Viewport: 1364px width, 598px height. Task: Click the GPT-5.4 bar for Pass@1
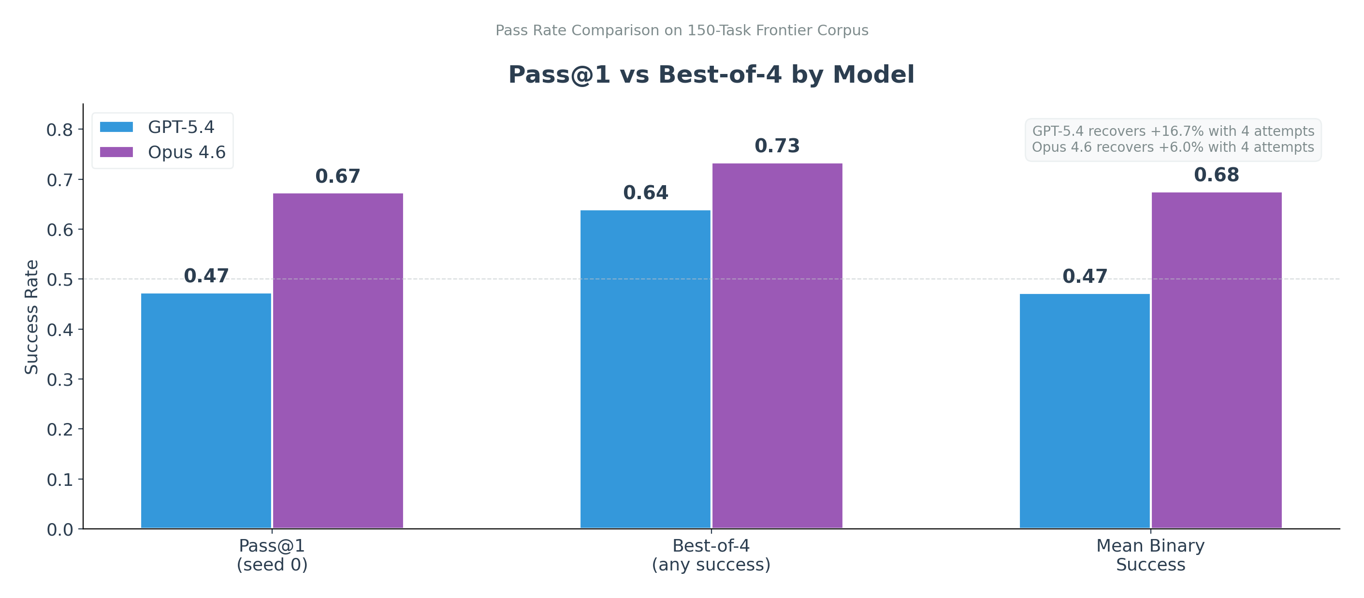click(x=206, y=410)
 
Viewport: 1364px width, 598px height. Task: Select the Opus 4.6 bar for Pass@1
click(x=338, y=361)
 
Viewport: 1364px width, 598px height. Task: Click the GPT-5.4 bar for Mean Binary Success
click(x=1085, y=411)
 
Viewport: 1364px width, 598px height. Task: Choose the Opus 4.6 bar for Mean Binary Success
click(x=1216, y=360)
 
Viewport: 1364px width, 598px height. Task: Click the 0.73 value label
click(x=777, y=146)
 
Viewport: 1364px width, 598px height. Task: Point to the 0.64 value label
click(x=645, y=193)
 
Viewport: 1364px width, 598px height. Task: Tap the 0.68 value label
click(x=1216, y=175)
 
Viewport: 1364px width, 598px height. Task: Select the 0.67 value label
click(x=338, y=176)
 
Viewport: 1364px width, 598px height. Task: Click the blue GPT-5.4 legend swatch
click(x=116, y=127)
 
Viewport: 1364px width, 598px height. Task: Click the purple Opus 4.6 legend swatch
click(x=116, y=152)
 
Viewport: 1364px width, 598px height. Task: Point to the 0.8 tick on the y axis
click(x=59, y=130)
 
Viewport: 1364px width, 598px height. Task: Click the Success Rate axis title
click(x=32, y=317)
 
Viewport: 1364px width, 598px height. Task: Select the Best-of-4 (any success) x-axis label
click(x=711, y=554)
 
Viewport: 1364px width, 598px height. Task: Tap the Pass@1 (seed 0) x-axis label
click(x=272, y=554)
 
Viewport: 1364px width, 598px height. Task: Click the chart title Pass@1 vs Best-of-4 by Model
click(x=711, y=74)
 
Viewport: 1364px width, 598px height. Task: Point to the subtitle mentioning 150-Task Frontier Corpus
click(x=682, y=30)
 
